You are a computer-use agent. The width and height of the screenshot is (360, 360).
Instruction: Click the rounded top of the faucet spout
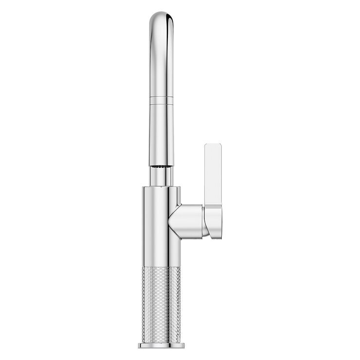click(x=161, y=15)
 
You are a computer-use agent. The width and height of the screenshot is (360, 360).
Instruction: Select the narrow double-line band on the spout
click(x=161, y=101)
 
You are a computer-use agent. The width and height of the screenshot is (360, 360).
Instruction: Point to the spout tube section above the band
click(x=161, y=63)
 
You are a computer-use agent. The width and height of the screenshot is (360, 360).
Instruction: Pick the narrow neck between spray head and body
click(x=161, y=177)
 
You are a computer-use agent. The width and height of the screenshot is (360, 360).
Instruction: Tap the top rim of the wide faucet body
click(x=161, y=187)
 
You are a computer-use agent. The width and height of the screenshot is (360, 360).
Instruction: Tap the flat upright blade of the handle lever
click(x=213, y=175)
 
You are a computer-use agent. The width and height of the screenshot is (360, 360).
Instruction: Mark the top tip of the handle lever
click(x=213, y=145)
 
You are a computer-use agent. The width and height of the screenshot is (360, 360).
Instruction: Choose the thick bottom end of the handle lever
click(x=214, y=224)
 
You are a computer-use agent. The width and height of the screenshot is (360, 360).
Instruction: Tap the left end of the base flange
click(x=140, y=345)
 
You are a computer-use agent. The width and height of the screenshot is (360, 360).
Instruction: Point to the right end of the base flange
click(x=183, y=345)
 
